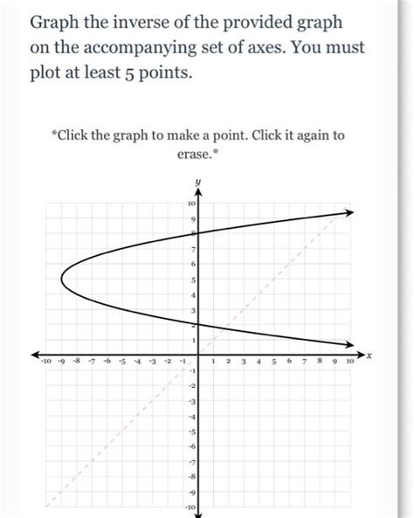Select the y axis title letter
[199, 182]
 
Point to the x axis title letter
[370, 356]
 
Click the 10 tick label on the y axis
[190, 203]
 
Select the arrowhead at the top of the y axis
[198, 194]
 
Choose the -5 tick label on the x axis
[123, 360]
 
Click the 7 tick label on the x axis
[305, 360]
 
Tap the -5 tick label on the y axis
[190, 432]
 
